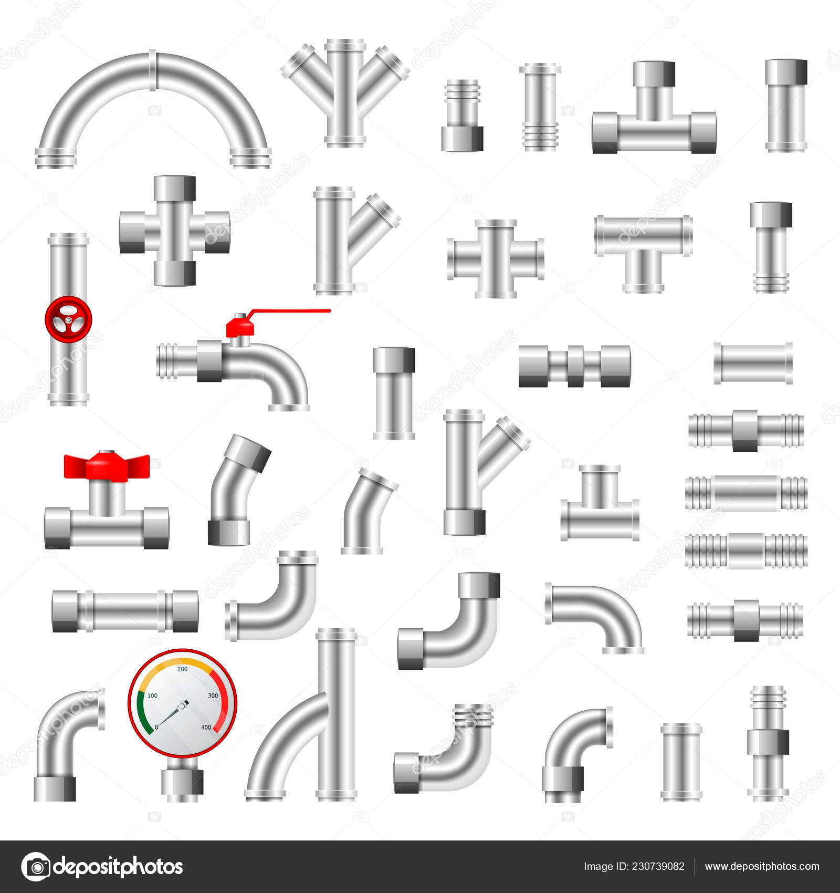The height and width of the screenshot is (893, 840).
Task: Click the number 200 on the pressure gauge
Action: pyautogui.click(x=183, y=669)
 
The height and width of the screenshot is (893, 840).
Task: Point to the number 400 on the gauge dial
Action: pyautogui.click(x=206, y=728)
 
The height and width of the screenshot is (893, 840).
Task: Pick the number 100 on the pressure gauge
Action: pyautogui.click(x=152, y=695)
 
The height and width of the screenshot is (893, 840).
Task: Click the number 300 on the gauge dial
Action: pyautogui.click(x=213, y=695)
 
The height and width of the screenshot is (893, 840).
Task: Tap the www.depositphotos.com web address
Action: pyautogui.click(x=762, y=867)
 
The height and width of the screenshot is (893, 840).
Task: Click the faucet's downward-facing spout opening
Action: pyautogui.click(x=289, y=407)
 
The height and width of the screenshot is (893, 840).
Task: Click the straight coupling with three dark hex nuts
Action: pyautogui.click(x=574, y=366)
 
